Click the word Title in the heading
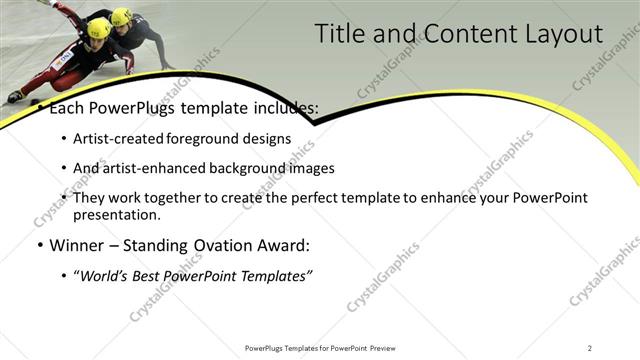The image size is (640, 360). [340, 34]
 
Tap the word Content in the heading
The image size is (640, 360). [461, 34]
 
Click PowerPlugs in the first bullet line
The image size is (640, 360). [129, 107]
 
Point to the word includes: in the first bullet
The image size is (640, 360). [281, 107]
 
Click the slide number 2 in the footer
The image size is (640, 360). [590, 348]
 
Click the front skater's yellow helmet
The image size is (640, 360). [99, 28]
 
